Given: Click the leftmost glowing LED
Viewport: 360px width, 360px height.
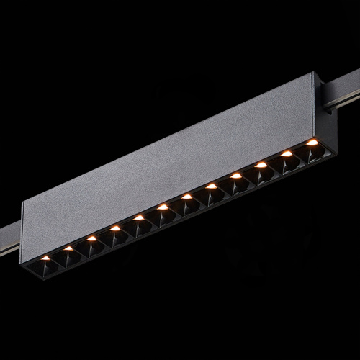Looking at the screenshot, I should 45,257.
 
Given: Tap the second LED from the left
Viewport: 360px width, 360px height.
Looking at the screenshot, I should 68,248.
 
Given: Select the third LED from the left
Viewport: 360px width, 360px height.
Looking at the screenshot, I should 92,238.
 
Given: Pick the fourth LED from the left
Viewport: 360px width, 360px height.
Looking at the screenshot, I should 115,228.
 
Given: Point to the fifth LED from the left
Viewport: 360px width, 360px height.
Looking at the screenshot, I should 139,217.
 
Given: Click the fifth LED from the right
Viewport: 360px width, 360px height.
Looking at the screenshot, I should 212,186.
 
